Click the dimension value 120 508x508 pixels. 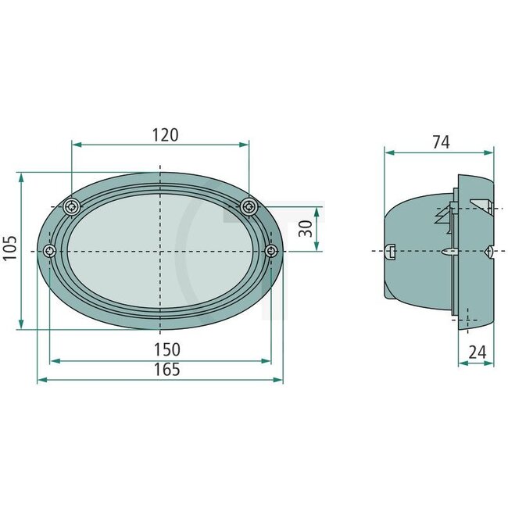click(x=165, y=134)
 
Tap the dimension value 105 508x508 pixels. click(x=9, y=250)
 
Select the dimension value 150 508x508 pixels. click(x=166, y=349)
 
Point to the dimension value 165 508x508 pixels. click(x=166, y=370)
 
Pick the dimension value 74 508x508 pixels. click(x=440, y=141)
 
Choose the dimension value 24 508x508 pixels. click(x=476, y=352)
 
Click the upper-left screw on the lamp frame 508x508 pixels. click(x=72, y=206)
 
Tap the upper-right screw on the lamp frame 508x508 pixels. click(x=249, y=206)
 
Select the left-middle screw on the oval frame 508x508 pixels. click(x=50, y=250)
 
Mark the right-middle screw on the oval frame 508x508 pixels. click(x=271, y=250)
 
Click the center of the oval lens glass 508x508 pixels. click(x=160, y=251)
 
